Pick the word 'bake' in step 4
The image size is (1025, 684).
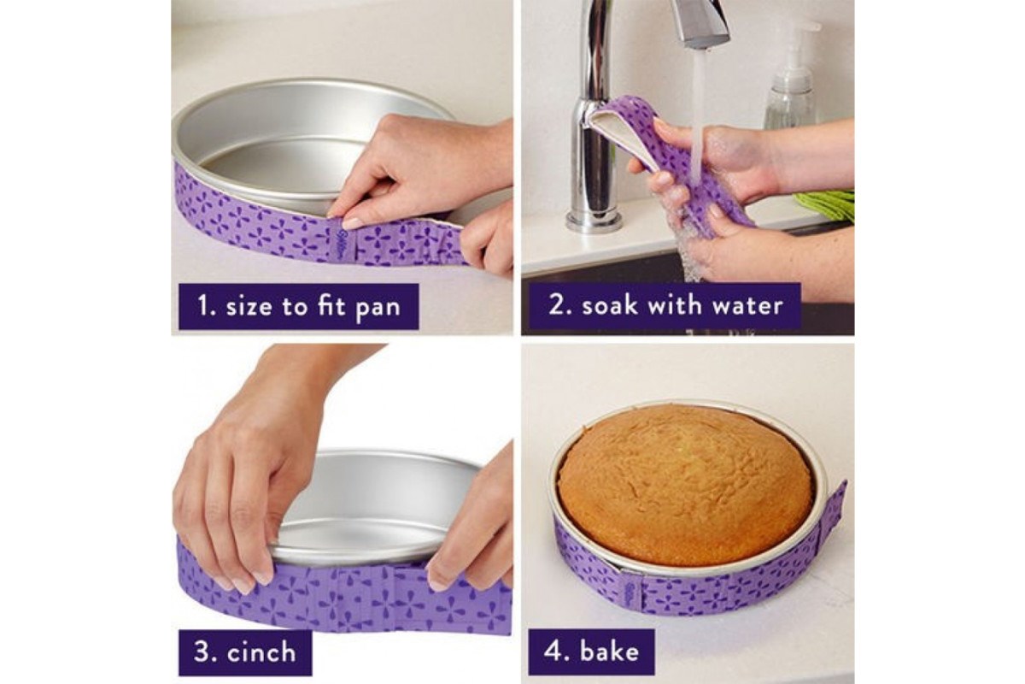pyautogui.click(x=609, y=651)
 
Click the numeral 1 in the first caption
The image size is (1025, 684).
pyautogui.click(x=203, y=306)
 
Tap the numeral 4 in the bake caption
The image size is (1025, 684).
pyautogui.click(x=553, y=652)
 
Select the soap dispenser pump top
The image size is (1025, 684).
pyautogui.click(x=799, y=44)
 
